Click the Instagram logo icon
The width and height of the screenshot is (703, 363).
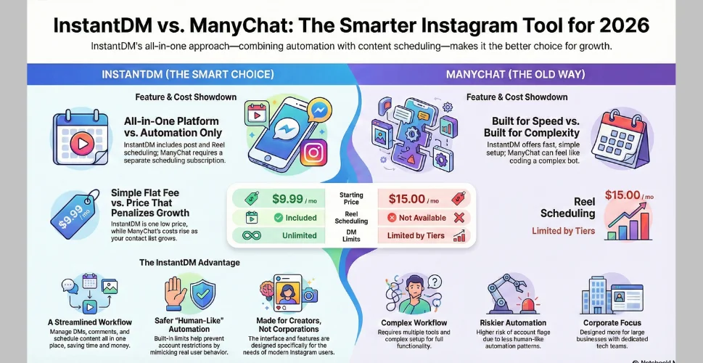point(312,154)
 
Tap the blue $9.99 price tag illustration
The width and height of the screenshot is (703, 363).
point(71,215)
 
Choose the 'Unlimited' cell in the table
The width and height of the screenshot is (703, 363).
point(299,235)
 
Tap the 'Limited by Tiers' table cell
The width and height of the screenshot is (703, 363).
point(416,235)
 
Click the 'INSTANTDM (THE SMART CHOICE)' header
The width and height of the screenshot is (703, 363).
point(187,75)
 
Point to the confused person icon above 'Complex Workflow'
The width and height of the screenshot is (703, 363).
point(414,293)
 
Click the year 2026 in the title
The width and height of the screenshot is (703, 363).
point(619,25)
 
